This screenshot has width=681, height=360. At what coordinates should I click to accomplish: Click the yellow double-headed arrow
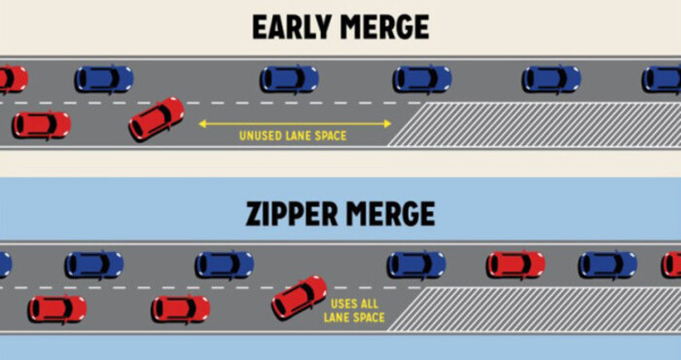click(x=295, y=125)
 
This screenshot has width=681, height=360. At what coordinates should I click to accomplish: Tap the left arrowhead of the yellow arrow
click(x=201, y=125)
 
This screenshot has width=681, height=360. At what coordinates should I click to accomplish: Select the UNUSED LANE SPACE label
click(x=293, y=136)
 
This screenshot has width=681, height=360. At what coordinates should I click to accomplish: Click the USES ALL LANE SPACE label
click(x=354, y=310)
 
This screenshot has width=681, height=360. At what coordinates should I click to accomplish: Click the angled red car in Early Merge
click(x=157, y=119)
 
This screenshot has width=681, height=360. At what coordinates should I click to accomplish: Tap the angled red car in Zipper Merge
click(x=300, y=297)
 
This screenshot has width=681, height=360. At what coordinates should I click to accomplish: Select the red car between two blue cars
click(x=516, y=265)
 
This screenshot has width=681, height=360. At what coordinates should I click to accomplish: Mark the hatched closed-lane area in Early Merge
click(x=534, y=125)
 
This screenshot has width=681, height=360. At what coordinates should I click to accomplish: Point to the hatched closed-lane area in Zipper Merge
click(x=534, y=309)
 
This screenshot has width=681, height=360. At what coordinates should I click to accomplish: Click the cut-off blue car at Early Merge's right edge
click(x=662, y=80)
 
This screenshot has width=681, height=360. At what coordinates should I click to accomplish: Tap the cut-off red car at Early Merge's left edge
click(x=13, y=79)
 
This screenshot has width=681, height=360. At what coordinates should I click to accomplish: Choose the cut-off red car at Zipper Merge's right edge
click(x=671, y=265)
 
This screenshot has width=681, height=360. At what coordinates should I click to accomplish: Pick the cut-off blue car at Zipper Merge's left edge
click(x=5, y=265)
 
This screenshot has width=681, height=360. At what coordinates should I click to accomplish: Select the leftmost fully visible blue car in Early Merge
click(x=104, y=79)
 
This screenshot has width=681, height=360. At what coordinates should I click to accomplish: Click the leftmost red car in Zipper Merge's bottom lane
click(x=57, y=308)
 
